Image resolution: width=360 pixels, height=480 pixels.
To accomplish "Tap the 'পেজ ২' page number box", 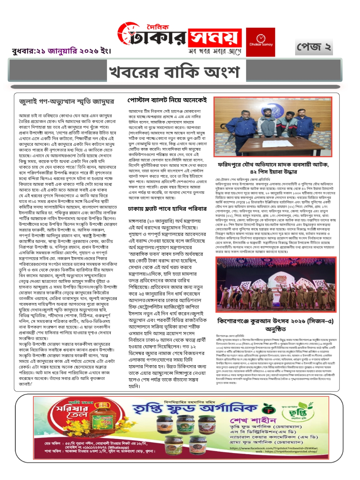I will tap(313, 47).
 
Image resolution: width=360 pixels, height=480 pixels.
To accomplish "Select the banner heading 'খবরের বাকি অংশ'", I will tap(174, 71).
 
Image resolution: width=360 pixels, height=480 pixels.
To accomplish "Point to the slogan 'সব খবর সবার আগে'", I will tap(214, 51).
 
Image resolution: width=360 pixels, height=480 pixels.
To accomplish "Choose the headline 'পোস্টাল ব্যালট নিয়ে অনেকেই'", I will tap(167, 100).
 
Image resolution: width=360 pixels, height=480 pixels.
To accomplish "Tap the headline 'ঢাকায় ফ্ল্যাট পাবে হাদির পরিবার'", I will tap(167, 208).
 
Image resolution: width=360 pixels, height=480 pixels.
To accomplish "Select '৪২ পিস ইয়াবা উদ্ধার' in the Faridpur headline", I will tap(274, 172).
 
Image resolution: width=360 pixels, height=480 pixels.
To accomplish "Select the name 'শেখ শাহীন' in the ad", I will tap(253, 420).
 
